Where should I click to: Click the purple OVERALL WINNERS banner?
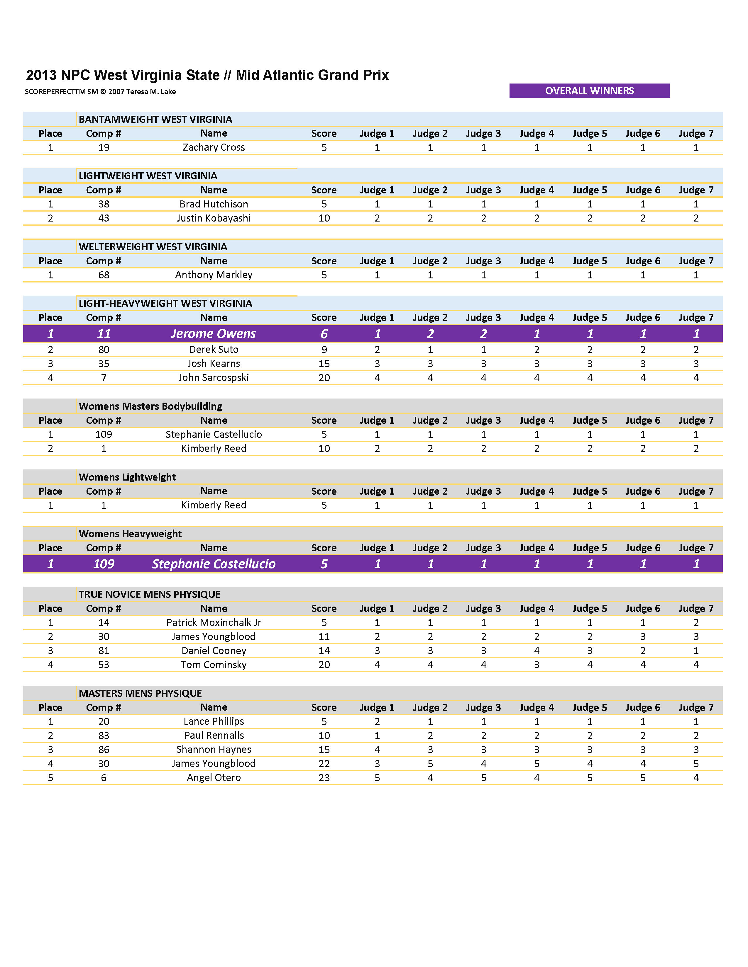tap(589, 91)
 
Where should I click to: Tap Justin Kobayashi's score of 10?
tap(324, 218)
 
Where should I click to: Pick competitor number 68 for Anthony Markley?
tap(104, 275)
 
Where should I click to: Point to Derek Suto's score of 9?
tap(324, 350)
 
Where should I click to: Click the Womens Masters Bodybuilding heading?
tap(150, 406)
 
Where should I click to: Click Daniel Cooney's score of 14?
tap(324, 651)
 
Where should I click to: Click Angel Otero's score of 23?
tap(324, 778)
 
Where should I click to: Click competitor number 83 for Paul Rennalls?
tap(104, 736)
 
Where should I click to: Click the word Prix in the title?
tap(376, 75)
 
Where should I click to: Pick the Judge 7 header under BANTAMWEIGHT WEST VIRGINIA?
tap(696, 134)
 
